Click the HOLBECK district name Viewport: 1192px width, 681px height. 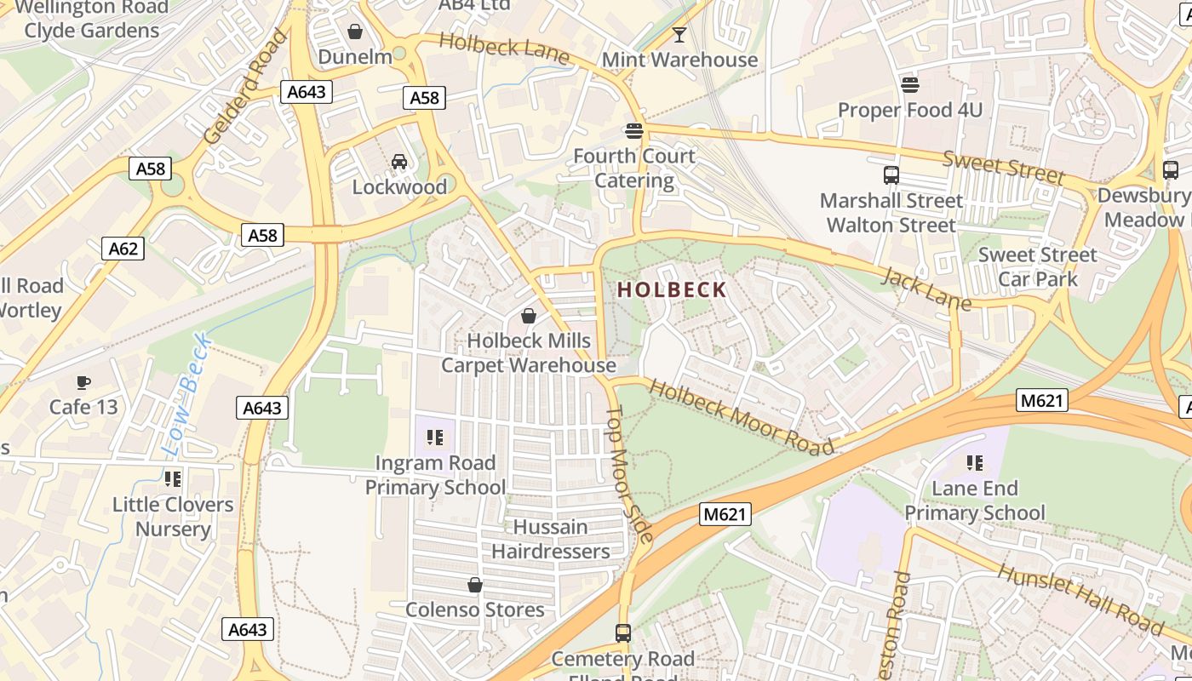(x=672, y=289)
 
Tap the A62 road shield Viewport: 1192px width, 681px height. (x=123, y=249)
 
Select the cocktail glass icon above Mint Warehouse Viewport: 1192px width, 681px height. (x=679, y=35)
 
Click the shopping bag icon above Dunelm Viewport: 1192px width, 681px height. (x=355, y=31)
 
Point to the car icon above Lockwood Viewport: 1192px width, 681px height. (x=398, y=162)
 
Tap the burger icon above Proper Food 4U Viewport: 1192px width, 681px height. (x=910, y=84)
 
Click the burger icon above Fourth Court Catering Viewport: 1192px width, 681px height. (x=633, y=130)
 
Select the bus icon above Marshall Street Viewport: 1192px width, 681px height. (x=891, y=175)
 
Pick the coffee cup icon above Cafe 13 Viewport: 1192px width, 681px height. (x=83, y=382)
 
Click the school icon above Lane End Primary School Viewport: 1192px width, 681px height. (x=974, y=463)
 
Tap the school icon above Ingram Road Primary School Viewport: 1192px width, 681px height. (x=435, y=438)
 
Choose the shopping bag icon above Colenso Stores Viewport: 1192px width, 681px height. (x=474, y=585)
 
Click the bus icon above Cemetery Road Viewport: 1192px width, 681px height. (x=622, y=633)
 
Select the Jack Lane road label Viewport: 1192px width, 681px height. (x=926, y=289)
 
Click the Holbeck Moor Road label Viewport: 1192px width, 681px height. (x=741, y=417)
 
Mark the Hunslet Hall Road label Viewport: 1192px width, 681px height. (x=1080, y=599)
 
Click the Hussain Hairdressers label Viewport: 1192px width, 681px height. (x=551, y=539)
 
